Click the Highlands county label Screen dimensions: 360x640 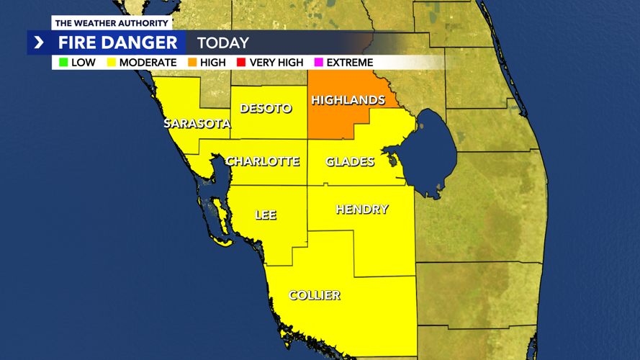pyautogui.click(x=348, y=100)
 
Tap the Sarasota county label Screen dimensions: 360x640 pyautogui.click(x=197, y=123)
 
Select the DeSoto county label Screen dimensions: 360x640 pyautogui.click(x=266, y=108)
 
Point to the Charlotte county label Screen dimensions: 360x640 pyautogui.click(x=263, y=161)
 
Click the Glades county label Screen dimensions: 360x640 pyautogui.click(x=350, y=161)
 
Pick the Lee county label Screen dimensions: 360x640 pyautogui.click(x=266, y=215)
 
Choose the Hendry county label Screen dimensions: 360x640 pyautogui.click(x=361, y=209)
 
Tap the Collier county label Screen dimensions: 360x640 pyautogui.click(x=315, y=295)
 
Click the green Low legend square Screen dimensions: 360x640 pyautogui.click(x=63, y=63)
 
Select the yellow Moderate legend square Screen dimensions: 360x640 pyautogui.click(x=112, y=63)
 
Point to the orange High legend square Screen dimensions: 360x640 pyautogui.click(x=192, y=63)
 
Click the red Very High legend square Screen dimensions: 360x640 pyautogui.click(x=241, y=63)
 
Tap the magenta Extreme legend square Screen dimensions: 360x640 pyautogui.click(x=318, y=63)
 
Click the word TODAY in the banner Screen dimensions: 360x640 pyautogui.click(x=223, y=43)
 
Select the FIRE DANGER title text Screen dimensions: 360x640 pyautogui.click(x=117, y=43)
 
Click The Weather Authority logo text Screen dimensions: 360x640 pyautogui.click(x=111, y=23)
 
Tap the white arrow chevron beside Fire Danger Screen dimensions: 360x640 pyautogui.click(x=39, y=43)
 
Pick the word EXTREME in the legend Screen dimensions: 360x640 pyautogui.click(x=350, y=63)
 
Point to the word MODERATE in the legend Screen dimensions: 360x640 pyautogui.click(x=148, y=63)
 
